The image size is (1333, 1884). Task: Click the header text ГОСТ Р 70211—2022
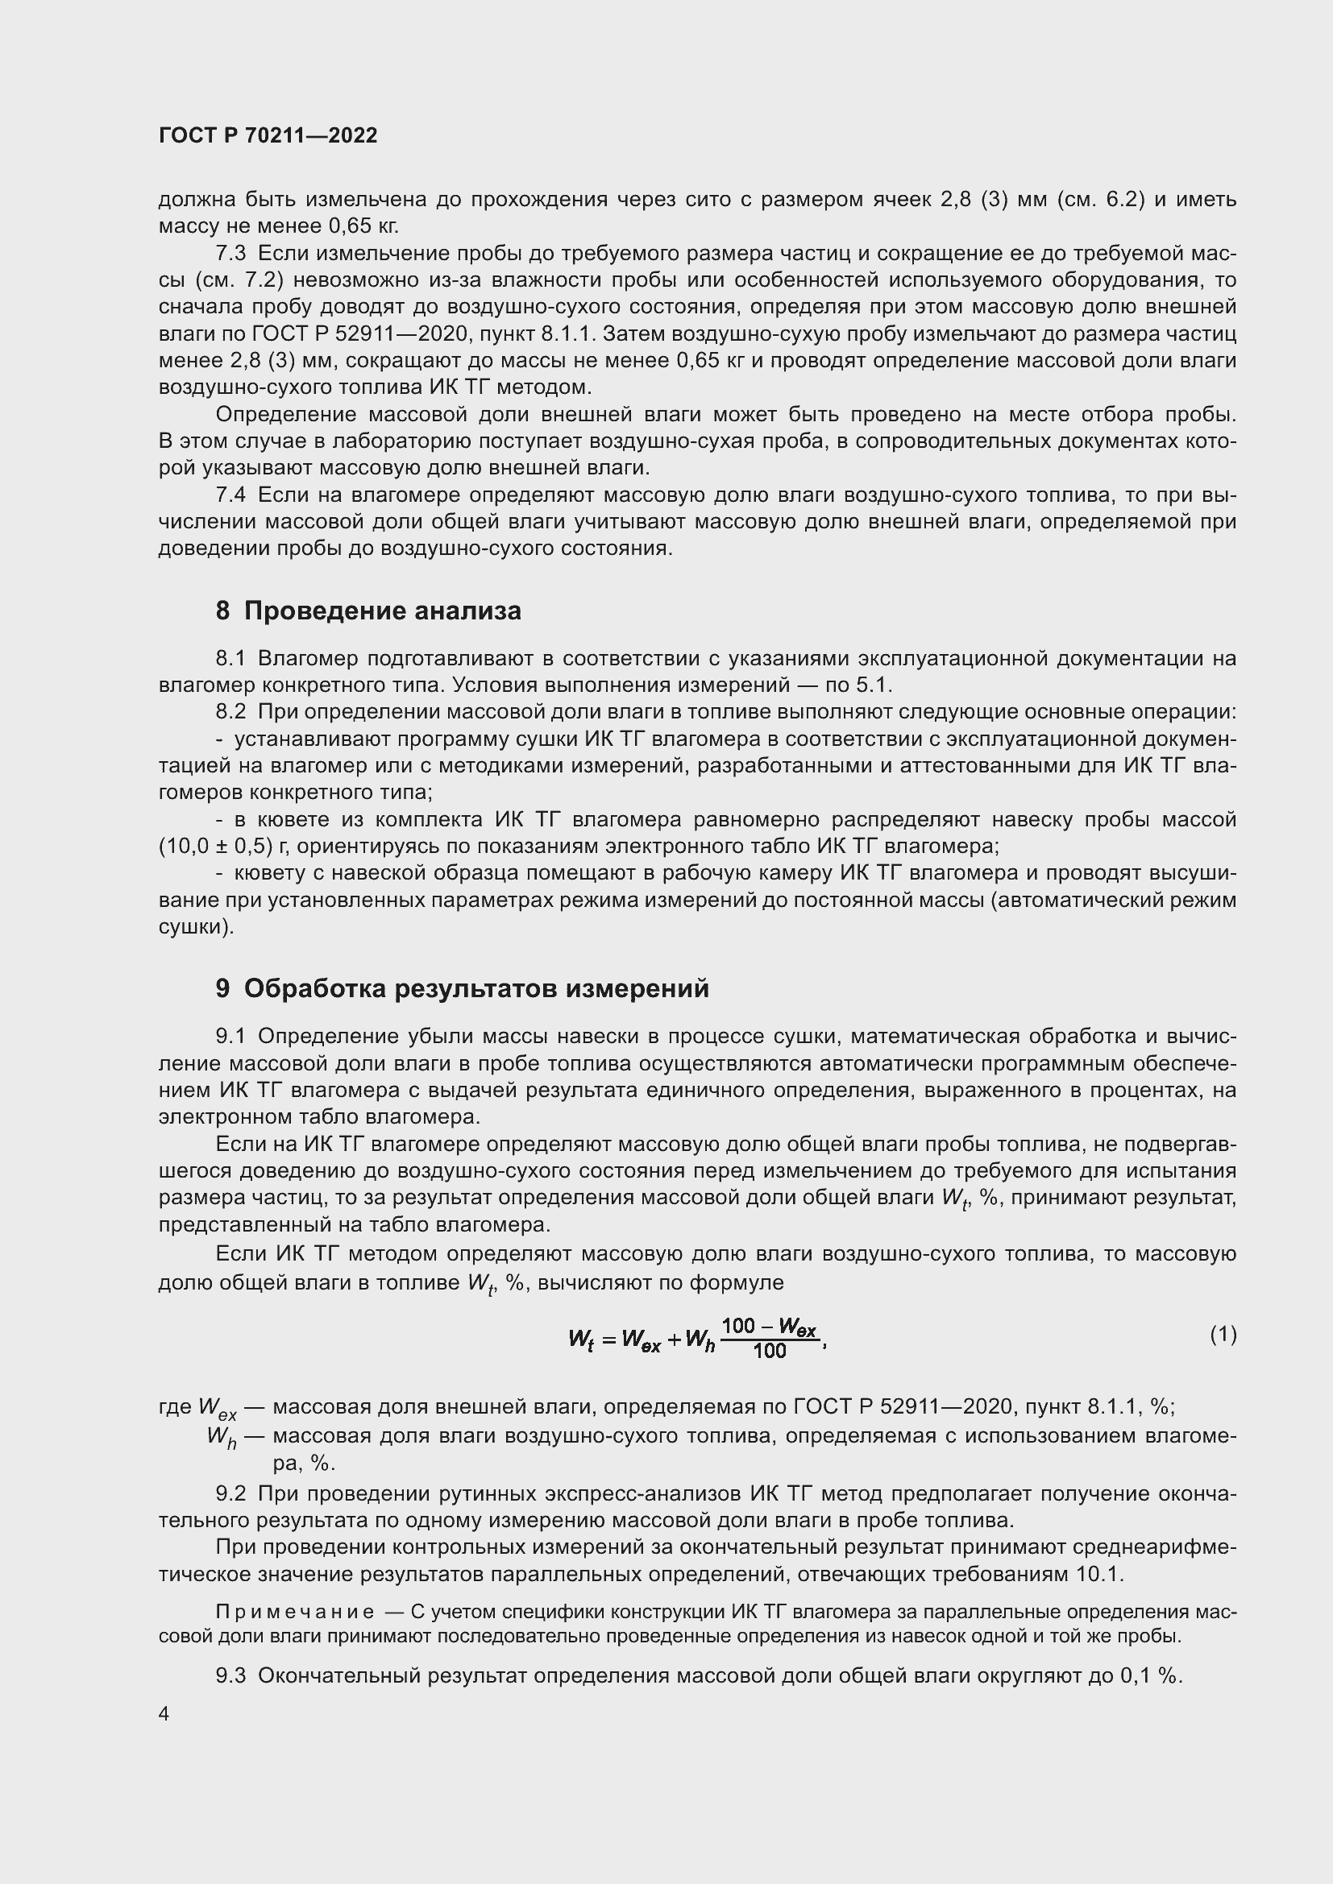268,136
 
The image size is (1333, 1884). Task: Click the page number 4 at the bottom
164,1714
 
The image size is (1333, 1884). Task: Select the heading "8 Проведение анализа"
368,611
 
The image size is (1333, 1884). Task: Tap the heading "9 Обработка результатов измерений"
462,989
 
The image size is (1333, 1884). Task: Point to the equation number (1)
1223,1335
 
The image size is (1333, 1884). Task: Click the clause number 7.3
230,254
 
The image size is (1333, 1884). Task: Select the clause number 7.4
230,495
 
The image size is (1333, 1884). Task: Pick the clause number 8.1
230,658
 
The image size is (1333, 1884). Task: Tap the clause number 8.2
230,712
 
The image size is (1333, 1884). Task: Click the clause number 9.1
230,1037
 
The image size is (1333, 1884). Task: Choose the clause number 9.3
230,1675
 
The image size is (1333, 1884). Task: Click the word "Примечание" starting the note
295,1613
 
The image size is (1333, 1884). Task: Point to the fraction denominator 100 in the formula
769,1351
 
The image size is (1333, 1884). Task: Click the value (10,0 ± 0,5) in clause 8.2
215,846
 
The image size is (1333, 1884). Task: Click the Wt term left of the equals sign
580,1340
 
